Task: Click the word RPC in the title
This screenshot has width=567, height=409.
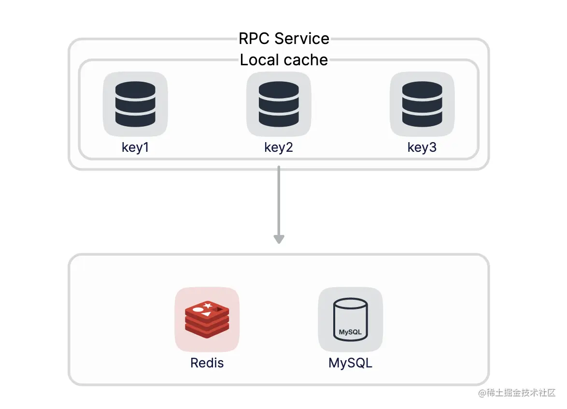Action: pos(254,39)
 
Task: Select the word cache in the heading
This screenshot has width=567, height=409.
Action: pos(305,60)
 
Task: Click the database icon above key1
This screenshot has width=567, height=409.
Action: pos(135,104)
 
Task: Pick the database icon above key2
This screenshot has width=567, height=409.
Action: pos(279,104)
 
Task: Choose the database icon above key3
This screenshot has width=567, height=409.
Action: pos(422,104)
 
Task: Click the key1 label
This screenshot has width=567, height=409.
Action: pos(135,147)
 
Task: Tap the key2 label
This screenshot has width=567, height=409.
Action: pos(279,147)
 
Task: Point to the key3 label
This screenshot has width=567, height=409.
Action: pos(422,147)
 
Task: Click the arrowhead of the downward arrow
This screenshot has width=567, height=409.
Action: pos(279,239)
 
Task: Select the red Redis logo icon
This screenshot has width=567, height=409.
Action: pos(207,319)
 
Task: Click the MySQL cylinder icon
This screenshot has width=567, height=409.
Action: pos(351,320)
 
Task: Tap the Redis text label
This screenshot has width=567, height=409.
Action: pos(207,363)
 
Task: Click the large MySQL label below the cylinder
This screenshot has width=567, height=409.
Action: pos(351,363)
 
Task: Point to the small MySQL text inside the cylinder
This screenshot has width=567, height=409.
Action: pos(350,332)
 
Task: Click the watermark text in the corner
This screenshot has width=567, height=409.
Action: pos(517,393)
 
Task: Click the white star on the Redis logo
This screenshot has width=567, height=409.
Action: pos(208,306)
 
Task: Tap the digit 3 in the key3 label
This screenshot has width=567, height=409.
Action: pos(432,147)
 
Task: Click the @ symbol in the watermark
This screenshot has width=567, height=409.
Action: pos(482,393)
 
